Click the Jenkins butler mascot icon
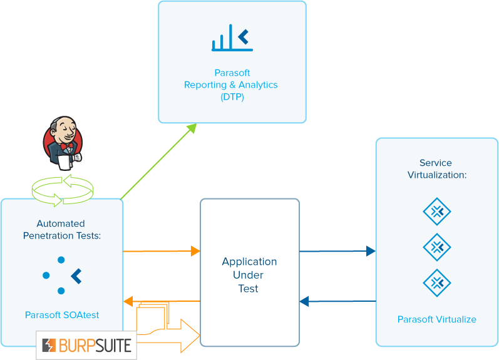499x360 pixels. pos(62,143)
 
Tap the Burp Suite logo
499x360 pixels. pos(86,344)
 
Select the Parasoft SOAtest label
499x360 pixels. pos(62,315)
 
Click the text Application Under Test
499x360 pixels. pos(249,275)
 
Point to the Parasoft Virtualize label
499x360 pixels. pos(436,319)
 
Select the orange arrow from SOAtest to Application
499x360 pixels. pos(161,251)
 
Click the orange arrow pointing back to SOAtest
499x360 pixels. pos(161,301)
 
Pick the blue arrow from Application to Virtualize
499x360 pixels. pos(337,251)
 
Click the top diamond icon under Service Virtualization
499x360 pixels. pos(437,212)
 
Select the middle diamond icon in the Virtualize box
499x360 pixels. pos(437,247)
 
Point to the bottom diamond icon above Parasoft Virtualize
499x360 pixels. pos(437,283)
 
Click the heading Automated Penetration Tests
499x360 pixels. pos(62,229)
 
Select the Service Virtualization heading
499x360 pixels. pos(437,169)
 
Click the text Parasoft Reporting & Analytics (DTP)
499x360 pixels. pos(231,85)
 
